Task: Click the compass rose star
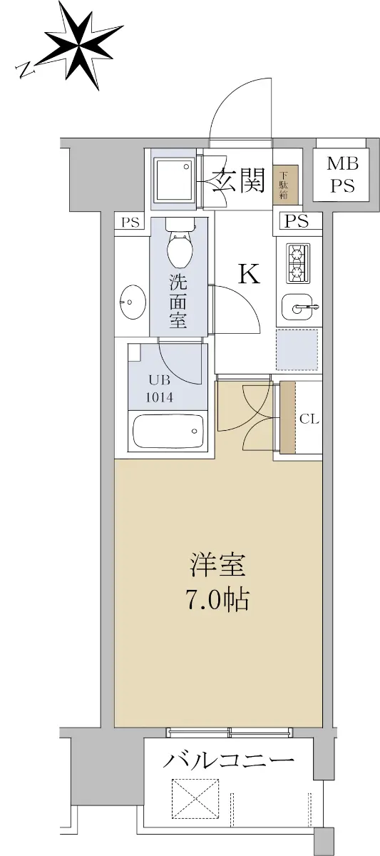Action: tap(80, 45)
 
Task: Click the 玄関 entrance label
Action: tap(238, 180)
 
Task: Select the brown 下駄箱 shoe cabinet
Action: tap(285, 184)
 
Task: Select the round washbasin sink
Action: tap(133, 302)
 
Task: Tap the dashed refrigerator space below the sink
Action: tap(297, 350)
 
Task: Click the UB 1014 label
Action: tap(160, 389)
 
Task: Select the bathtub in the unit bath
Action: tap(168, 432)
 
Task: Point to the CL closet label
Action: tap(309, 419)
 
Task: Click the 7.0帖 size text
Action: tap(217, 600)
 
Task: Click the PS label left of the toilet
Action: tap(130, 223)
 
